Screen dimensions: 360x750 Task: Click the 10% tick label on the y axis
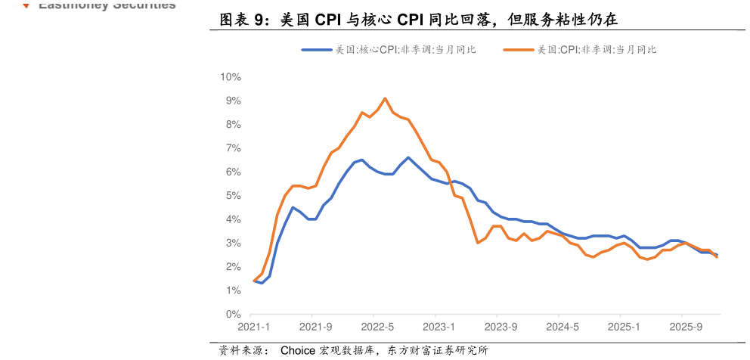coord(230,77)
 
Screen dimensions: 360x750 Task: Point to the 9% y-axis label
coord(232,101)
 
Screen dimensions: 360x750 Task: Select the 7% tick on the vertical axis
coord(232,148)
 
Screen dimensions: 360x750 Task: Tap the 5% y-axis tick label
coord(232,196)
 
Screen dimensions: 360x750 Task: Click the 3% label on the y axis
coord(232,243)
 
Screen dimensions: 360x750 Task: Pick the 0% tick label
coord(232,314)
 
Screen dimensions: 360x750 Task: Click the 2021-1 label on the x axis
coord(254,327)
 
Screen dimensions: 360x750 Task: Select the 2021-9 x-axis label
coord(316,327)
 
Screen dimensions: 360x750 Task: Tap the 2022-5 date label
coord(377,327)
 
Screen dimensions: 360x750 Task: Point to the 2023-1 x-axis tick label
coord(439,327)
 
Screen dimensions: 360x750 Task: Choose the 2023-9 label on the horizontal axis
coord(501,327)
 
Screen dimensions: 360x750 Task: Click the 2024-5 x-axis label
coord(562,327)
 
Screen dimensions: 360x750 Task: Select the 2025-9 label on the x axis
coord(685,327)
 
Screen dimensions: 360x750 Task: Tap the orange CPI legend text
coord(597,50)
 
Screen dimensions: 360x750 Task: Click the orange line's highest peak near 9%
coord(386,98)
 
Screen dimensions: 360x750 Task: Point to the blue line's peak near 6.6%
coord(408,157)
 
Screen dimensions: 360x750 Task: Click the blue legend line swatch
coord(317,50)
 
